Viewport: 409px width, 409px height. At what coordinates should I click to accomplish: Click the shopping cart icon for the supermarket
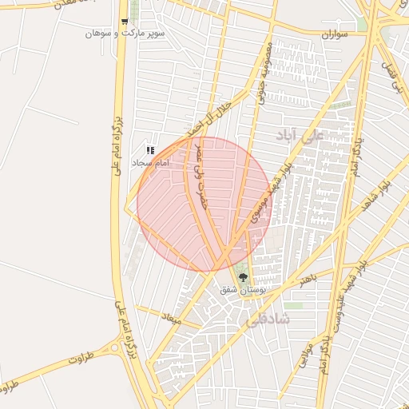pos(124,22)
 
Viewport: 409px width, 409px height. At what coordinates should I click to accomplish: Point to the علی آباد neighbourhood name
pos(301,134)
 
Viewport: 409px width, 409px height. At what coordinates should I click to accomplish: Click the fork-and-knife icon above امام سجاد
pos(149,150)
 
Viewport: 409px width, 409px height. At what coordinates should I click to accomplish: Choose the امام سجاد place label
pos(149,162)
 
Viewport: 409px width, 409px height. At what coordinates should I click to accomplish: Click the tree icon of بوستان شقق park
pos(244,277)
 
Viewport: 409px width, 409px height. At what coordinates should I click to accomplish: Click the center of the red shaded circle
pos(204,204)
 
